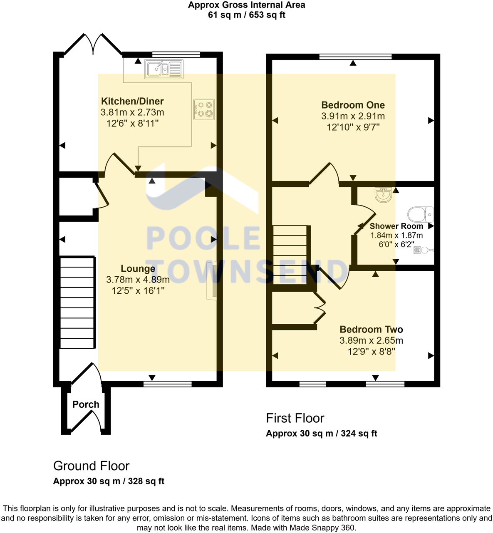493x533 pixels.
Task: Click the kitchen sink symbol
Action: [x=164, y=69]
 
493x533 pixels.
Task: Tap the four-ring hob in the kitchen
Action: [x=204, y=109]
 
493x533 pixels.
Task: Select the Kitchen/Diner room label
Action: [x=132, y=101]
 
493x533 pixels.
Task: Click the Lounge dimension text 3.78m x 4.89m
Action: [x=138, y=280]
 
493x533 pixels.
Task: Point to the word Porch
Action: [x=86, y=404]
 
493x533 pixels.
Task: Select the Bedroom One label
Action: [x=353, y=105]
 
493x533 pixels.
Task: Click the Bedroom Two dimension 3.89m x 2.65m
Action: [x=371, y=340]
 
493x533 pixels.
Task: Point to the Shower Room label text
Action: [x=396, y=226]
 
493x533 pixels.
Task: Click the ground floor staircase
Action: [x=77, y=302]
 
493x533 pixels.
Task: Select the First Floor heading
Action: [x=295, y=418]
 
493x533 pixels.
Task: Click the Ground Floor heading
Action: [x=91, y=466]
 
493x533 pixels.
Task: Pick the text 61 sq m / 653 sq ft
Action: [x=246, y=15]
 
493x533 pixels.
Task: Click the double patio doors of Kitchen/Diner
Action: [x=92, y=44]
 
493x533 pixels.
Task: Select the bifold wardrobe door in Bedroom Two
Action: [x=320, y=307]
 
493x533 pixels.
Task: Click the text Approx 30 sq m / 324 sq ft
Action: [x=321, y=434]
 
